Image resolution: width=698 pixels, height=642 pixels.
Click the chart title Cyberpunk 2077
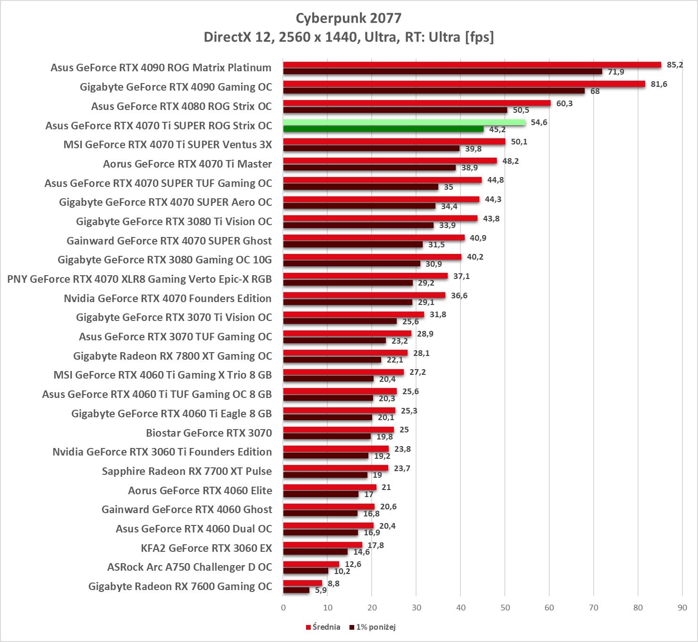click(349, 18)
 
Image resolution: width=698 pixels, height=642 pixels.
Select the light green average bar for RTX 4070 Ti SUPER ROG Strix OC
click(404, 122)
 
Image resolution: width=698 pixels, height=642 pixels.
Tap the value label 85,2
click(675, 65)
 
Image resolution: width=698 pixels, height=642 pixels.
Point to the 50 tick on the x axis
click(505, 608)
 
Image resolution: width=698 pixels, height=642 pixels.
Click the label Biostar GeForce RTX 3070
click(209, 433)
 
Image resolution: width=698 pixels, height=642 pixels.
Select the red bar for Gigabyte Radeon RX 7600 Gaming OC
click(302, 583)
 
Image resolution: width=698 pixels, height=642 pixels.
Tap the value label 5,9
click(321, 590)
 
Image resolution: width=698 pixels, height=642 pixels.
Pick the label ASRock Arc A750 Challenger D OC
click(189, 567)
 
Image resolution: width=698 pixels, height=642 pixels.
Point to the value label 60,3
click(564, 103)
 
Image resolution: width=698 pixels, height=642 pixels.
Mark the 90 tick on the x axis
click(682, 608)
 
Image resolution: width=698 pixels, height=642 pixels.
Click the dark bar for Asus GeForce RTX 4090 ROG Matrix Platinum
click(443, 72)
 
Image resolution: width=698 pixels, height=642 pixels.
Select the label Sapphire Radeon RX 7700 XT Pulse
click(187, 471)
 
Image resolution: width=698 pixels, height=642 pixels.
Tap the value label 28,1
click(421, 353)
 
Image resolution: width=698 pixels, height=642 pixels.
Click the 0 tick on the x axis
click(283, 608)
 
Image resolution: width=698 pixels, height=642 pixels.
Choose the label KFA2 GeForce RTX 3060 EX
click(206, 548)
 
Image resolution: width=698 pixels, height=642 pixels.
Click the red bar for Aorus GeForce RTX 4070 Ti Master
click(390, 161)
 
